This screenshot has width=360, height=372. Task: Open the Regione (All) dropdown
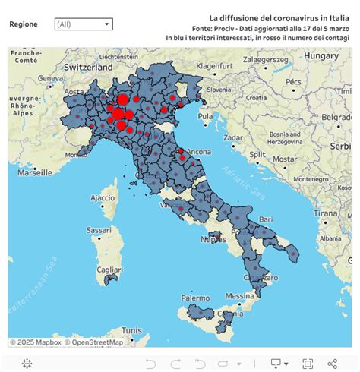84,24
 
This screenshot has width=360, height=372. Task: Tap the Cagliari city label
109,269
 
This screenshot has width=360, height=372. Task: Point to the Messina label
239,295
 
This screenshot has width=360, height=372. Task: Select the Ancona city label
198,151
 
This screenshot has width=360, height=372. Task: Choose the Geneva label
50,77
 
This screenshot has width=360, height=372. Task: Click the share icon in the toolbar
332,364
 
